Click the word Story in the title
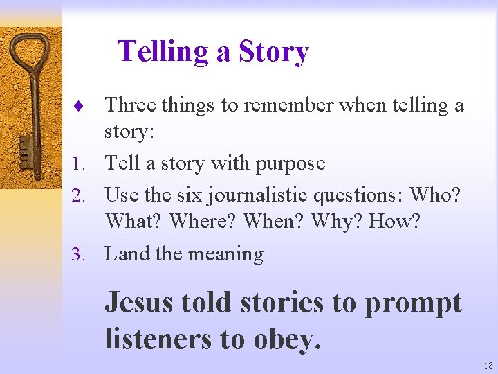coord(273,53)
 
